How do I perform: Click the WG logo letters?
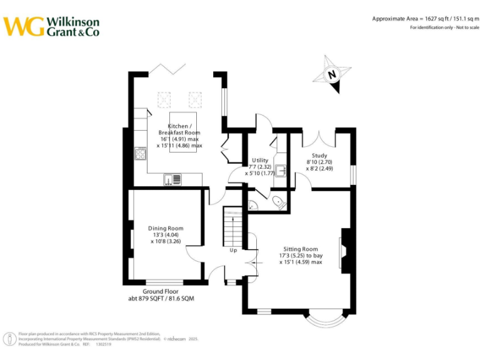24,26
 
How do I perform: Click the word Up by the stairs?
234,250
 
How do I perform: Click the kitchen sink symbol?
173,180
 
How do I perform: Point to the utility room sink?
281,170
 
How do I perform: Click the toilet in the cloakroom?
277,201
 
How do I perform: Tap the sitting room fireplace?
345,250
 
